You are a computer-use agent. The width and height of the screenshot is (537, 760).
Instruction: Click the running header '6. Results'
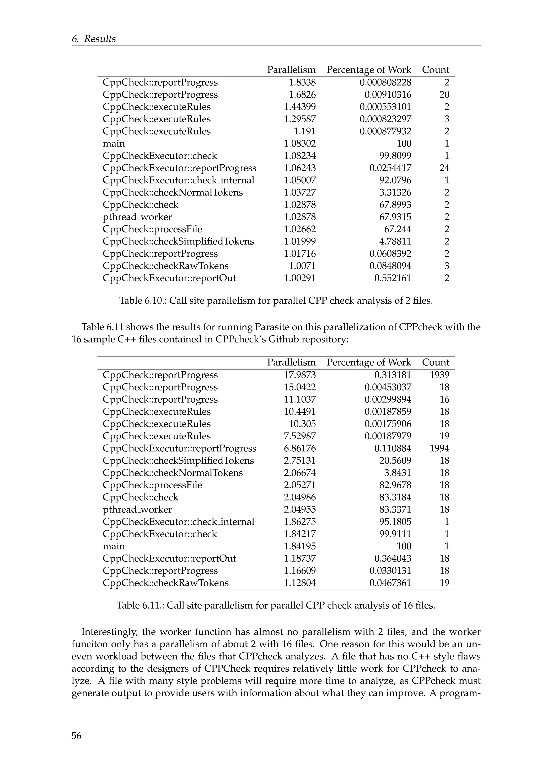coord(94,39)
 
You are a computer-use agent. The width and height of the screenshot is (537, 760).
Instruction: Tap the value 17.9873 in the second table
coord(300,375)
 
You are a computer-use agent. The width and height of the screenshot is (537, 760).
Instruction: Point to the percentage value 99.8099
coord(395,156)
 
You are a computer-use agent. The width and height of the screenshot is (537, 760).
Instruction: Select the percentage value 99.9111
coord(395,534)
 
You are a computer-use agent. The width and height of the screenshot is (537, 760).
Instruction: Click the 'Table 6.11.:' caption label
coord(140,605)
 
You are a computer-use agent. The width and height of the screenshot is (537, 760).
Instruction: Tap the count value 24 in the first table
coord(444,168)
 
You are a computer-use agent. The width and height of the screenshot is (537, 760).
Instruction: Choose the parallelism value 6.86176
coord(300,448)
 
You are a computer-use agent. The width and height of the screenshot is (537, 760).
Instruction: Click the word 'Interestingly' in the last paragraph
coord(109,632)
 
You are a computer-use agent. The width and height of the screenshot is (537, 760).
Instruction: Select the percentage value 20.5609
coord(395,461)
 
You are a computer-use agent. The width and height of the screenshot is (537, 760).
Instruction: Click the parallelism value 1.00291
coord(300,278)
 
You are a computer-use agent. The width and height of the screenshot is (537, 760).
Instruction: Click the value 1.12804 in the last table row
coord(300,583)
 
